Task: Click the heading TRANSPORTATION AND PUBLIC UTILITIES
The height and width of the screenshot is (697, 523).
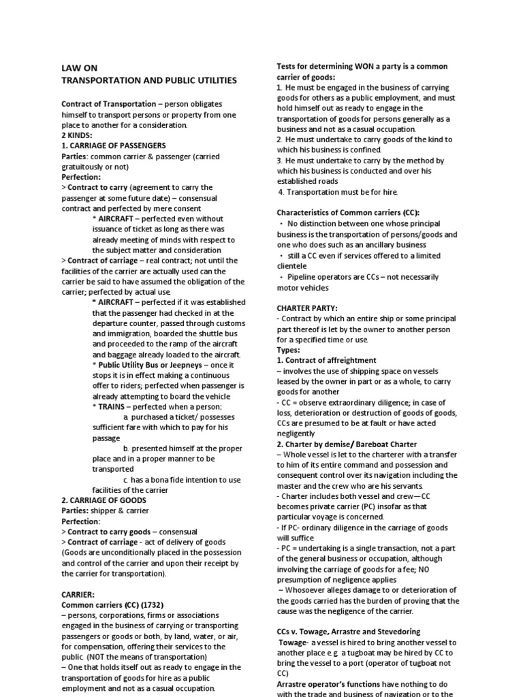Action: point(149,80)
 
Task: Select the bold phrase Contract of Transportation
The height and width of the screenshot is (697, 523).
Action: point(109,103)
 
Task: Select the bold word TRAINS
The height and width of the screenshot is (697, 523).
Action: point(114,406)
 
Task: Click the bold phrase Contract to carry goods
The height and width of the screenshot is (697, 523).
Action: point(109,532)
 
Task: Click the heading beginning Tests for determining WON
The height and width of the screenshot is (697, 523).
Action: point(362,67)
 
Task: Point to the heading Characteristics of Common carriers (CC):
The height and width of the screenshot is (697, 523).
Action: point(348,213)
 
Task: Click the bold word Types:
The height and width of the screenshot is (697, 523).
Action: point(288,350)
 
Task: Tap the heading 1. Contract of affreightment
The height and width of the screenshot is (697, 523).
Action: point(326,360)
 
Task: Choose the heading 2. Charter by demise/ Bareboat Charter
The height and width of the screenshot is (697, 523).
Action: point(347,444)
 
